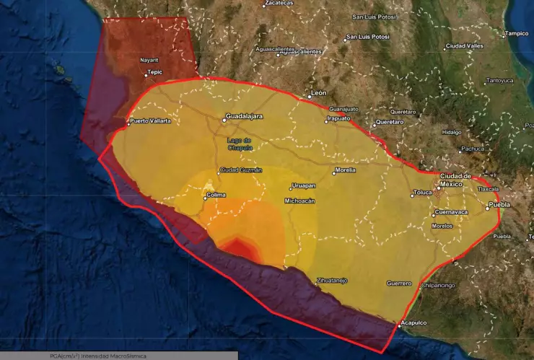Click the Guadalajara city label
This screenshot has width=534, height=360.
(x=244, y=115)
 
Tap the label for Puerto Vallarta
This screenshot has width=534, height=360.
(x=151, y=120)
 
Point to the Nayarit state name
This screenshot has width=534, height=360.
(x=149, y=61)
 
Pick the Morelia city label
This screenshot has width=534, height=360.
(x=346, y=171)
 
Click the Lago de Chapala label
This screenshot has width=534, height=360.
(x=240, y=144)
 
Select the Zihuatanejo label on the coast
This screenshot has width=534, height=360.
(x=332, y=280)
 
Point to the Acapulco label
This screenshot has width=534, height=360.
(x=415, y=322)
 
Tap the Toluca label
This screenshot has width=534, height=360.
(x=421, y=193)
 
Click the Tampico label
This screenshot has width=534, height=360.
(x=517, y=33)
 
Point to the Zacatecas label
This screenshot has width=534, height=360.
(x=279, y=3)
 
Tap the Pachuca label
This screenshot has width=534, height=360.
(x=472, y=149)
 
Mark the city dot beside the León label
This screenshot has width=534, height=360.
(x=307, y=95)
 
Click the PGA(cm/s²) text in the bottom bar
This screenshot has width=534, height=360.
(x=64, y=356)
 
